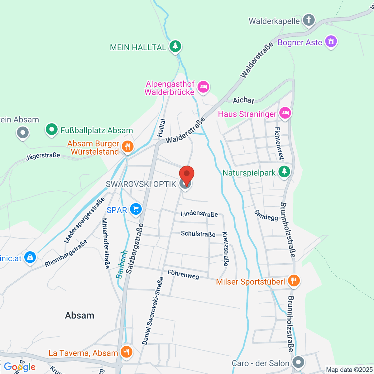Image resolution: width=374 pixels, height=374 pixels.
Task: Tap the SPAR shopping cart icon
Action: pos(136,209)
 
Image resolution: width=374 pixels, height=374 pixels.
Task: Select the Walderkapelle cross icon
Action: pos(309,21)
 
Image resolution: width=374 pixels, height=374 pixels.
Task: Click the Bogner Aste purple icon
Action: pos(331,42)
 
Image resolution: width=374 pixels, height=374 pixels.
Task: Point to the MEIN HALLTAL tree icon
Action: pos(175,47)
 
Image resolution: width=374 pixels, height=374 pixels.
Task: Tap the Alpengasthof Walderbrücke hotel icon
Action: pos(204,87)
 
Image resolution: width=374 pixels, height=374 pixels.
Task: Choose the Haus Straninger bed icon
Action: pos(285,113)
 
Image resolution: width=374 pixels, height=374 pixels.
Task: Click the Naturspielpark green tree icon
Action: pos(284,172)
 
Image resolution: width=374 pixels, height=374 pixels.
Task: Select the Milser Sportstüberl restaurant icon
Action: pos(293,281)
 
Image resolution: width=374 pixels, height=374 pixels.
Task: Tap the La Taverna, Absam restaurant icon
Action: pos(126,352)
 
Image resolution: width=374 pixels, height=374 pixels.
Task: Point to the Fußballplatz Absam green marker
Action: pos(52,130)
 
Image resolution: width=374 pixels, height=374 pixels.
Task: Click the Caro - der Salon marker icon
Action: pos(299,362)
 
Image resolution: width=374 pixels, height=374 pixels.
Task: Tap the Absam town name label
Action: pos(79,315)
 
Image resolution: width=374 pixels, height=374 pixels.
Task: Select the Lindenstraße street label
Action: pos(199,213)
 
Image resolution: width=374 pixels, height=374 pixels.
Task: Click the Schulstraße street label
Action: pos(198,234)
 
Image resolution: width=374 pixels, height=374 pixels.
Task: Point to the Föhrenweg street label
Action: pos(183,275)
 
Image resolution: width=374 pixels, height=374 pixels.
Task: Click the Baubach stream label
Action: pos(122,264)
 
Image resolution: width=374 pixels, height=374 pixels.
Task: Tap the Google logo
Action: pos(20,367)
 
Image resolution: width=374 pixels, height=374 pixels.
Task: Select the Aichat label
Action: pos(243,100)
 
